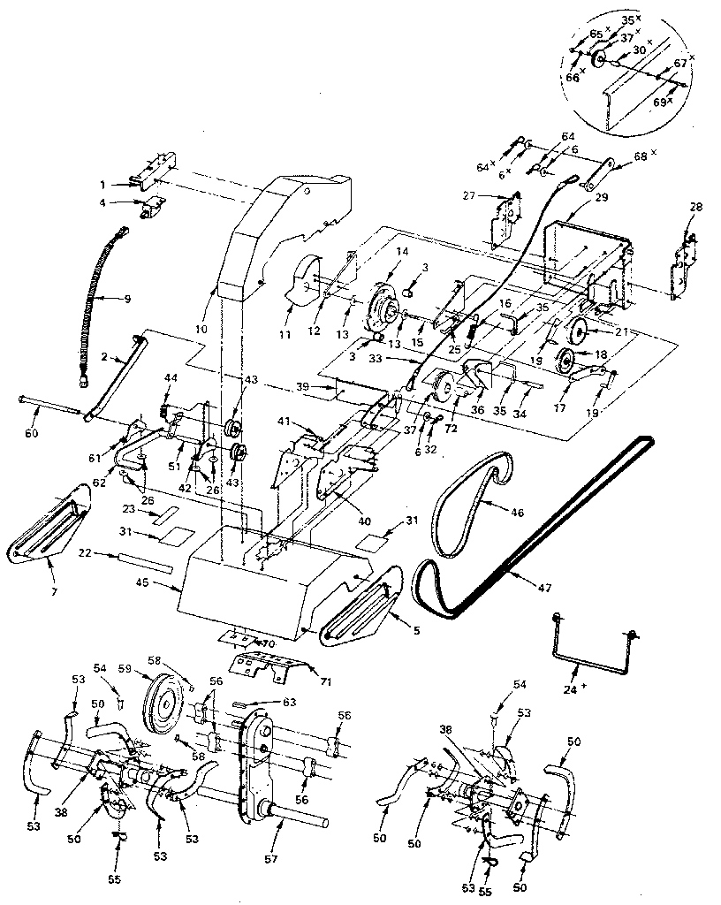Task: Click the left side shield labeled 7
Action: (53, 530)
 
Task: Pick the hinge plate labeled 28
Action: (687, 256)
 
